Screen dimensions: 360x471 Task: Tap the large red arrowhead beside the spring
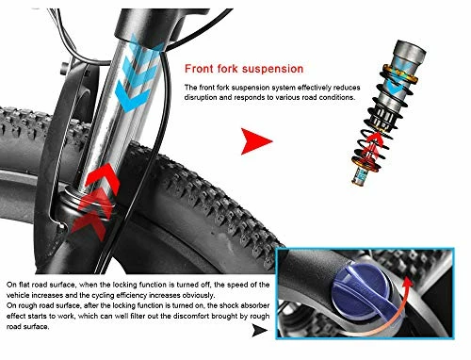click(x=254, y=143)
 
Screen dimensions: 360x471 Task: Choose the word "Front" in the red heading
click(x=200, y=69)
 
